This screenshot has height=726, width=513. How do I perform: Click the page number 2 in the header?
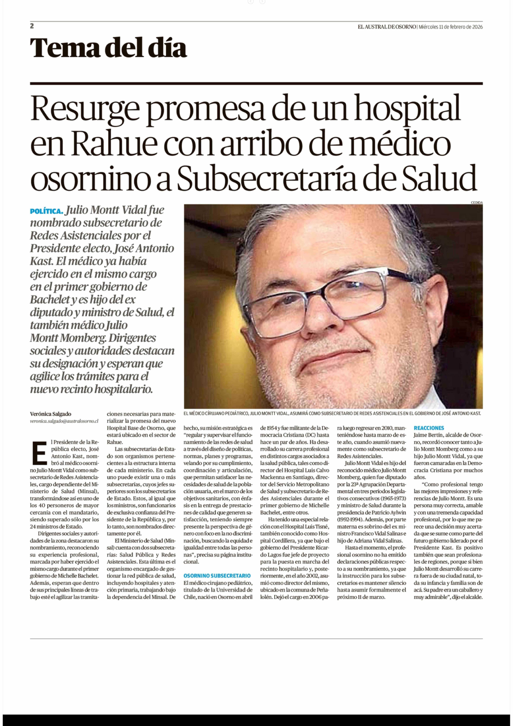pyautogui.click(x=32, y=26)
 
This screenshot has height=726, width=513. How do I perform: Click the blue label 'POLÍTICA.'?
pyautogui.click(x=46, y=211)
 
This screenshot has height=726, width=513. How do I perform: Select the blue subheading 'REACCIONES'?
pyautogui.click(x=429, y=428)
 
